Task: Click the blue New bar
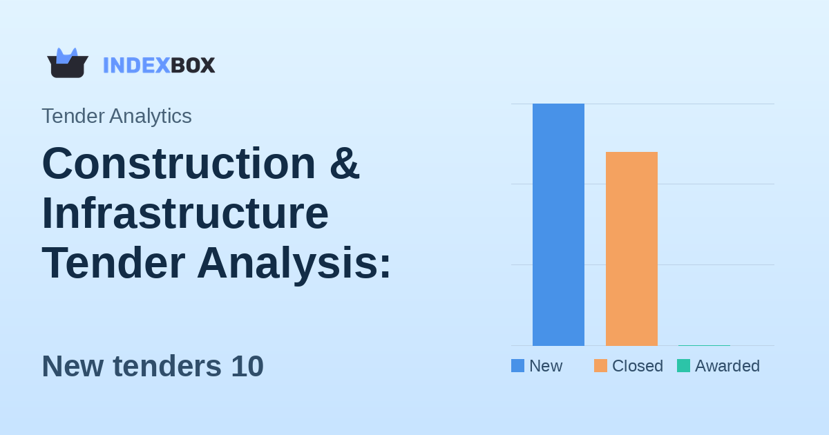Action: (x=558, y=224)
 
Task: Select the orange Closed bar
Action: (x=631, y=249)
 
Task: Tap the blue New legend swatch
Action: (x=517, y=366)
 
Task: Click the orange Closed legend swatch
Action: (x=600, y=366)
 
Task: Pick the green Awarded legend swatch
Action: (x=683, y=366)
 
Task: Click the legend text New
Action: (x=546, y=366)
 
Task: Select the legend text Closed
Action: (x=637, y=366)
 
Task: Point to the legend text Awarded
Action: (x=727, y=366)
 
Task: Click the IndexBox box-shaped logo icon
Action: (x=68, y=64)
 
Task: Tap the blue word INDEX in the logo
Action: (x=136, y=65)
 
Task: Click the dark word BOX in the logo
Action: (x=193, y=65)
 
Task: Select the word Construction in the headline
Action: (x=178, y=163)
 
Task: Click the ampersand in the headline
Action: (x=344, y=163)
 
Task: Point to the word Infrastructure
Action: (x=185, y=213)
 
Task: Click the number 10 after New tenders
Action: (x=247, y=366)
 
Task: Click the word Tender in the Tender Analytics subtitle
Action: (x=70, y=116)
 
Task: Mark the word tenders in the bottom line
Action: (x=167, y=366)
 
